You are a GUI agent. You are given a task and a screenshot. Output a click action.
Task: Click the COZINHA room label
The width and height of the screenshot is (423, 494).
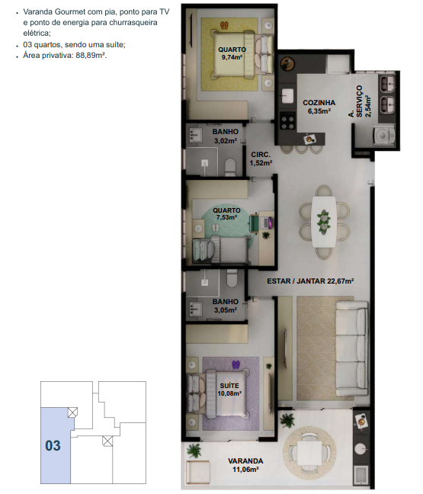319,103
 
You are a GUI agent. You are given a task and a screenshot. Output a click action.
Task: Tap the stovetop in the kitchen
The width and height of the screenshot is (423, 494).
288,121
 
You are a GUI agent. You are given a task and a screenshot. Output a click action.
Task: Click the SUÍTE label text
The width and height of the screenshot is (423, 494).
229,386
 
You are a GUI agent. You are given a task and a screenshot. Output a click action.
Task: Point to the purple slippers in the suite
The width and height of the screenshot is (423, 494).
236,364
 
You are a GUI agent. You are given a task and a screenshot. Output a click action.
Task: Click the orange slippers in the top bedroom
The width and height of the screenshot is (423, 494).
224,25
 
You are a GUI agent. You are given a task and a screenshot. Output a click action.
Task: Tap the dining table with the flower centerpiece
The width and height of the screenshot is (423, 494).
323,222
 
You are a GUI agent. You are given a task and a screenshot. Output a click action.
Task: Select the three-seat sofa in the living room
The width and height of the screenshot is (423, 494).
352,348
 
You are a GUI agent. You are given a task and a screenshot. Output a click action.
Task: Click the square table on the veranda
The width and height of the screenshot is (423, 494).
309,452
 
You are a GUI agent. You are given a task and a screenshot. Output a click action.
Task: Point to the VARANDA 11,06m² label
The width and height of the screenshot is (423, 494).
245,465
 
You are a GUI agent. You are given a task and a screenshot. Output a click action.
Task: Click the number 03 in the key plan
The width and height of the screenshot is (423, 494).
53,445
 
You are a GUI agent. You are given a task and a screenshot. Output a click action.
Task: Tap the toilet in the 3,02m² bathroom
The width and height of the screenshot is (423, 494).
231,167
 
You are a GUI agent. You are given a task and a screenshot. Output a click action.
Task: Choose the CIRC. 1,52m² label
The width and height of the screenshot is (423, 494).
261,159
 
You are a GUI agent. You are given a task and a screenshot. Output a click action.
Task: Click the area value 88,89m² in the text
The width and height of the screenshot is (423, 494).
91,56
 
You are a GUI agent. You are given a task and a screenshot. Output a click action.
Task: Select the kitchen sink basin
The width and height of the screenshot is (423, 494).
287,95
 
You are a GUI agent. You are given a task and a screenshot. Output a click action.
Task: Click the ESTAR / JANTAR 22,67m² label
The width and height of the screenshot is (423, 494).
310,281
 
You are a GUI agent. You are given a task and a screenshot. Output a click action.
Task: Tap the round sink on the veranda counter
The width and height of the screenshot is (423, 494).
361,448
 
